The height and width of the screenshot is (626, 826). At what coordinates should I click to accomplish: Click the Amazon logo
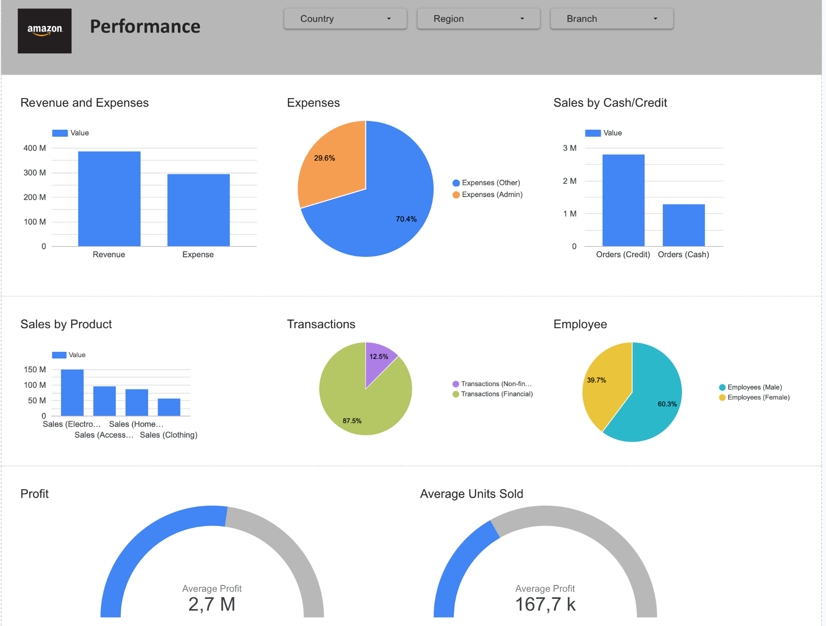click(x=45, y=31)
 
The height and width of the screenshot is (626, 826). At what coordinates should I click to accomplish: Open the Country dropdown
click(x=345, y=19)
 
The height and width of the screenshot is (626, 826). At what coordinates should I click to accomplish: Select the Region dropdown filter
click(x=478, y=19)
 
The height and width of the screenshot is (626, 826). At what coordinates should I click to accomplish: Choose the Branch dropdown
click(x=612, y=19)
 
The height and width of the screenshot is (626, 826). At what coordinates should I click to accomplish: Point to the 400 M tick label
click(x=35, y=148)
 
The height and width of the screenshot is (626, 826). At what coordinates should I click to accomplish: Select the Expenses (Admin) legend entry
click(x=492, y=194)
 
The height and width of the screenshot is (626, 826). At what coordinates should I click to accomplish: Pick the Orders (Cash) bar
click(x=683, y=225)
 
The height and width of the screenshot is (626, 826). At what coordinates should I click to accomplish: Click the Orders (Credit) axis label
click(x=623, y=255)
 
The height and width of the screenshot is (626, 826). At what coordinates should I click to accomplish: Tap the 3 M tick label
click(x=570, y=148)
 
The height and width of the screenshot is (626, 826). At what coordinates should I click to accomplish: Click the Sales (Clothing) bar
click(x=169, y=407)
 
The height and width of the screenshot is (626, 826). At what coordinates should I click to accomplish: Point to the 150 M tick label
click(x=35, y=370)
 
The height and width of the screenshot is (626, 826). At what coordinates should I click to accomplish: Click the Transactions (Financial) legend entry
click(x=496, y=394)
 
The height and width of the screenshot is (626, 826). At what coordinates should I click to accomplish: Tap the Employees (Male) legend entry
click(x=754, y=387)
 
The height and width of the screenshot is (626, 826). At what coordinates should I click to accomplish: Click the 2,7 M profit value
click(x=212, y=605)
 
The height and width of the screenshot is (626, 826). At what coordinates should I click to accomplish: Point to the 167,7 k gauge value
click(x=545, y=605)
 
